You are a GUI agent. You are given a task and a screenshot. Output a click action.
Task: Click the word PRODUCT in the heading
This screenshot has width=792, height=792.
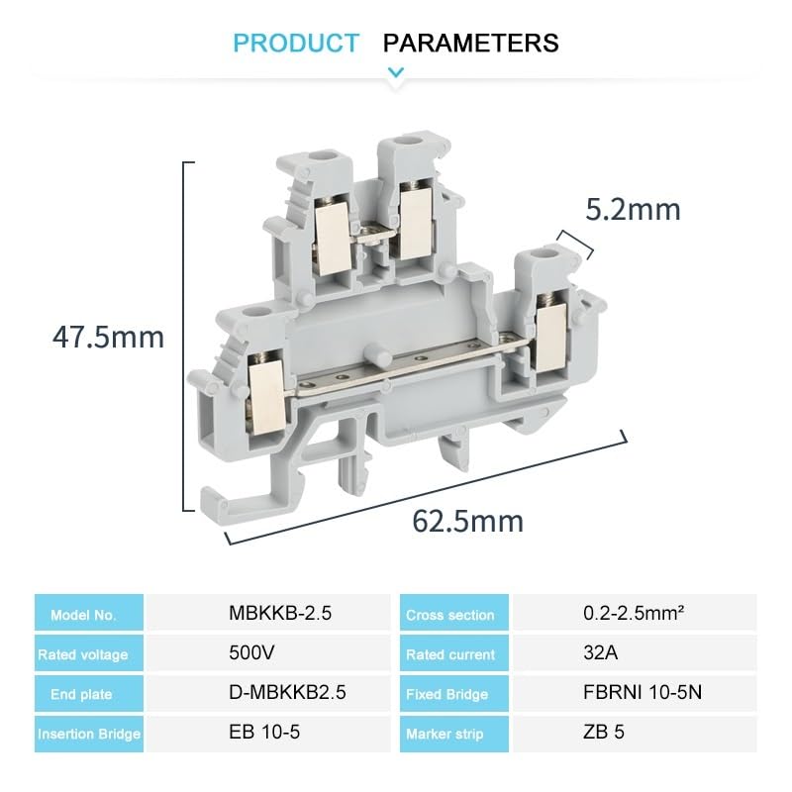point(296,44)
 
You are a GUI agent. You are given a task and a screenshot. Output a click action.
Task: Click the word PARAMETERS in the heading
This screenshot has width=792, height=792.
point(470,44)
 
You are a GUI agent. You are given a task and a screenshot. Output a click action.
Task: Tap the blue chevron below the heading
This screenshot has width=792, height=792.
point(396,71)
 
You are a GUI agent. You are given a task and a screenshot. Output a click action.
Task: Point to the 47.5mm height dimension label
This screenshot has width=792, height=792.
point(108,337)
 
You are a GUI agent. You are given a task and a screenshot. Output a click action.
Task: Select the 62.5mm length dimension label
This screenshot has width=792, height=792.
point(468,521)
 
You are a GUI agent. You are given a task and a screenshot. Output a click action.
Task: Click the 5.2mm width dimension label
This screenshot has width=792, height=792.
point(633,210)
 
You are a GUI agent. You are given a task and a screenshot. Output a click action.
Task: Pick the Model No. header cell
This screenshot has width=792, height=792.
point(89,615)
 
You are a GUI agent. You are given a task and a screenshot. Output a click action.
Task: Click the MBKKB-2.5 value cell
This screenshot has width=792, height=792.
point(280,614)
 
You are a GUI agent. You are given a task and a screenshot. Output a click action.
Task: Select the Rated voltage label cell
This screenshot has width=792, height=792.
point(89,654)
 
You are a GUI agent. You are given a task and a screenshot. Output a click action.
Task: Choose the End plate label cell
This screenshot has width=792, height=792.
point(89,694)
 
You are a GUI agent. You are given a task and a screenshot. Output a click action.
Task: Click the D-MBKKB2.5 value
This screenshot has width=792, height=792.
point(279,693)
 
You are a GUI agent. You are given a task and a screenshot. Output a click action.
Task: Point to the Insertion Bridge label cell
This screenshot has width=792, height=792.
point(89,734)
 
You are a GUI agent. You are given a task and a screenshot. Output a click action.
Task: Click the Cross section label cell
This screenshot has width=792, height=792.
point(450,615)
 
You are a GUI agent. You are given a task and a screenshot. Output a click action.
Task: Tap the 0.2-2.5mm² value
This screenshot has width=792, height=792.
point(634,614)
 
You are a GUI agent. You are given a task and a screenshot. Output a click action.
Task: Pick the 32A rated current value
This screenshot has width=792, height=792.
point(600,653)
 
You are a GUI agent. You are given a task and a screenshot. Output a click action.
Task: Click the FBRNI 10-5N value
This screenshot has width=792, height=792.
point(643,693)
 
